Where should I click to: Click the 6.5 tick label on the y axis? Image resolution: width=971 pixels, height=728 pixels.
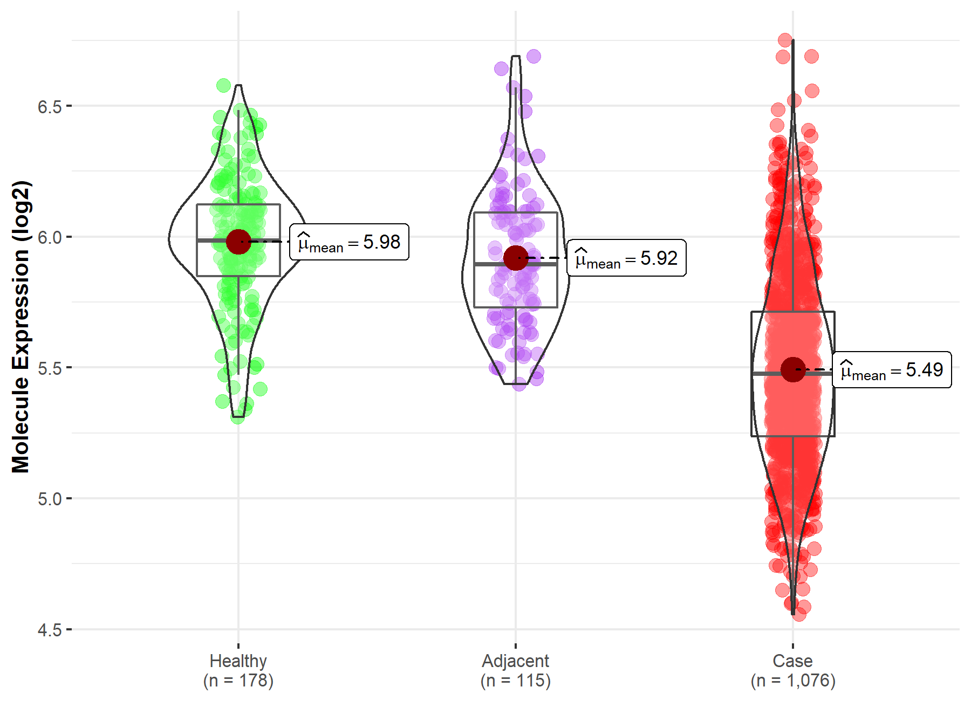point(50,107)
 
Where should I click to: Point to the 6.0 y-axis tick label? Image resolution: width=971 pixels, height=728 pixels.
point(50,237)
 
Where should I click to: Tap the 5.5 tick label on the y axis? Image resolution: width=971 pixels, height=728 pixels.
point(50,368)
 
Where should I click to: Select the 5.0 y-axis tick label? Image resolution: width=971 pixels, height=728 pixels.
point(50,499)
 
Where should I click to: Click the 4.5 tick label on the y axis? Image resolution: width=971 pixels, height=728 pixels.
point(50,630)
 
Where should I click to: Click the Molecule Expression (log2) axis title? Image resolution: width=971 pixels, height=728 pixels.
point(20,327)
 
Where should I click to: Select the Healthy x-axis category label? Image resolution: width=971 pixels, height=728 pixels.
point(238,661)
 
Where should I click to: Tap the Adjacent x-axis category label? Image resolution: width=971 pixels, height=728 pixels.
point(515,661)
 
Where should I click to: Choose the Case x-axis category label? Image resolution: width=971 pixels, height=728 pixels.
point(792,661)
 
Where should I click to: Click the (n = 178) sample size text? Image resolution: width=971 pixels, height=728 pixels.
point(238,681)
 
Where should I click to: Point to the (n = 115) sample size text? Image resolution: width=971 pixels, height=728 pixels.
point(515,681)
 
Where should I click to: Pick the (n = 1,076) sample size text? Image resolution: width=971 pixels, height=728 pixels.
point(792,681)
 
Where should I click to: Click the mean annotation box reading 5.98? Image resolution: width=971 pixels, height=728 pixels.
point(349,242)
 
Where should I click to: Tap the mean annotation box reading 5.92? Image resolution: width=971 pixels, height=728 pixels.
point(626,258)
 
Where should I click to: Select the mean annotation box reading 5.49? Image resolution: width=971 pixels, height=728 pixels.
point(892,370)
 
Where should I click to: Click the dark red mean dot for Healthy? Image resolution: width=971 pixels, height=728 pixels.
point(238,242)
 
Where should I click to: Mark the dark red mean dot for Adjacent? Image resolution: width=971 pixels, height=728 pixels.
point(516,258)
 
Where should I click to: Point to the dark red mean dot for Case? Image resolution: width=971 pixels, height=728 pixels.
point(793,369)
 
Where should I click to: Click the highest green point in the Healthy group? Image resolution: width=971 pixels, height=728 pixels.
point(223,85)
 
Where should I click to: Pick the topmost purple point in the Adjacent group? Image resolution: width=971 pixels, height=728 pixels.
point(534,56)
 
